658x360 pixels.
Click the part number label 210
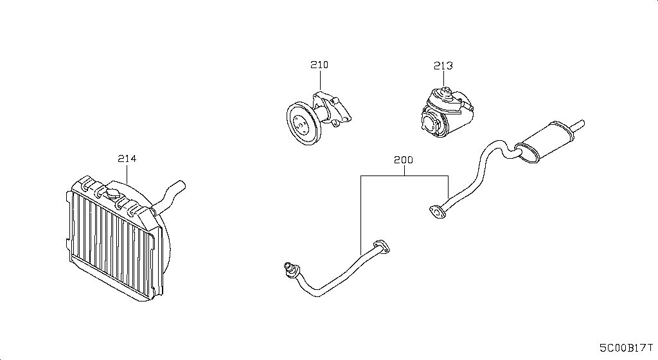[319, 65]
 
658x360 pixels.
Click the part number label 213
[443, 66]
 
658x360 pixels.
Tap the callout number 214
[127, 158]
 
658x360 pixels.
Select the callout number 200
[404, 159]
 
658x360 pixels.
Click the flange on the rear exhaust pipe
[437, 211]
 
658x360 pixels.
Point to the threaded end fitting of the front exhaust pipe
[288, 266]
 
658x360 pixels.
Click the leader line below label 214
[127, 174]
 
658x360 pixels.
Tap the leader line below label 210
[320, 82]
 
